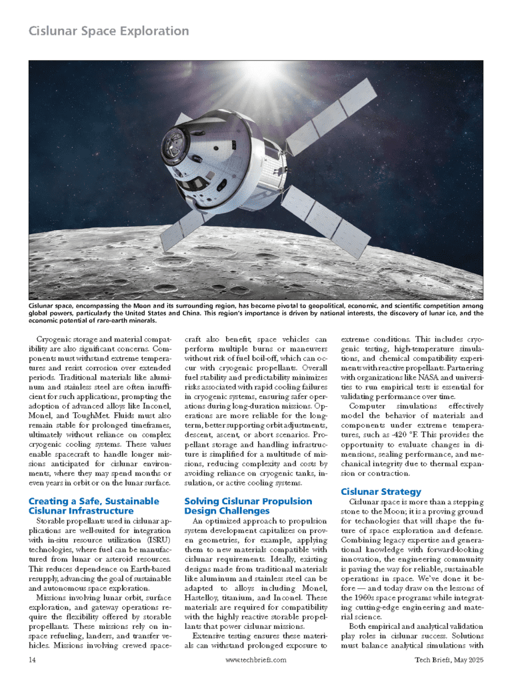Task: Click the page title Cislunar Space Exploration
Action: coord(109,31)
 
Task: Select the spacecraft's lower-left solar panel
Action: coord(190,221)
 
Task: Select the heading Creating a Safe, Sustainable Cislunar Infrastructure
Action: coord(94,506)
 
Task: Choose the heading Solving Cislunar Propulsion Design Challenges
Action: coord(248,506)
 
